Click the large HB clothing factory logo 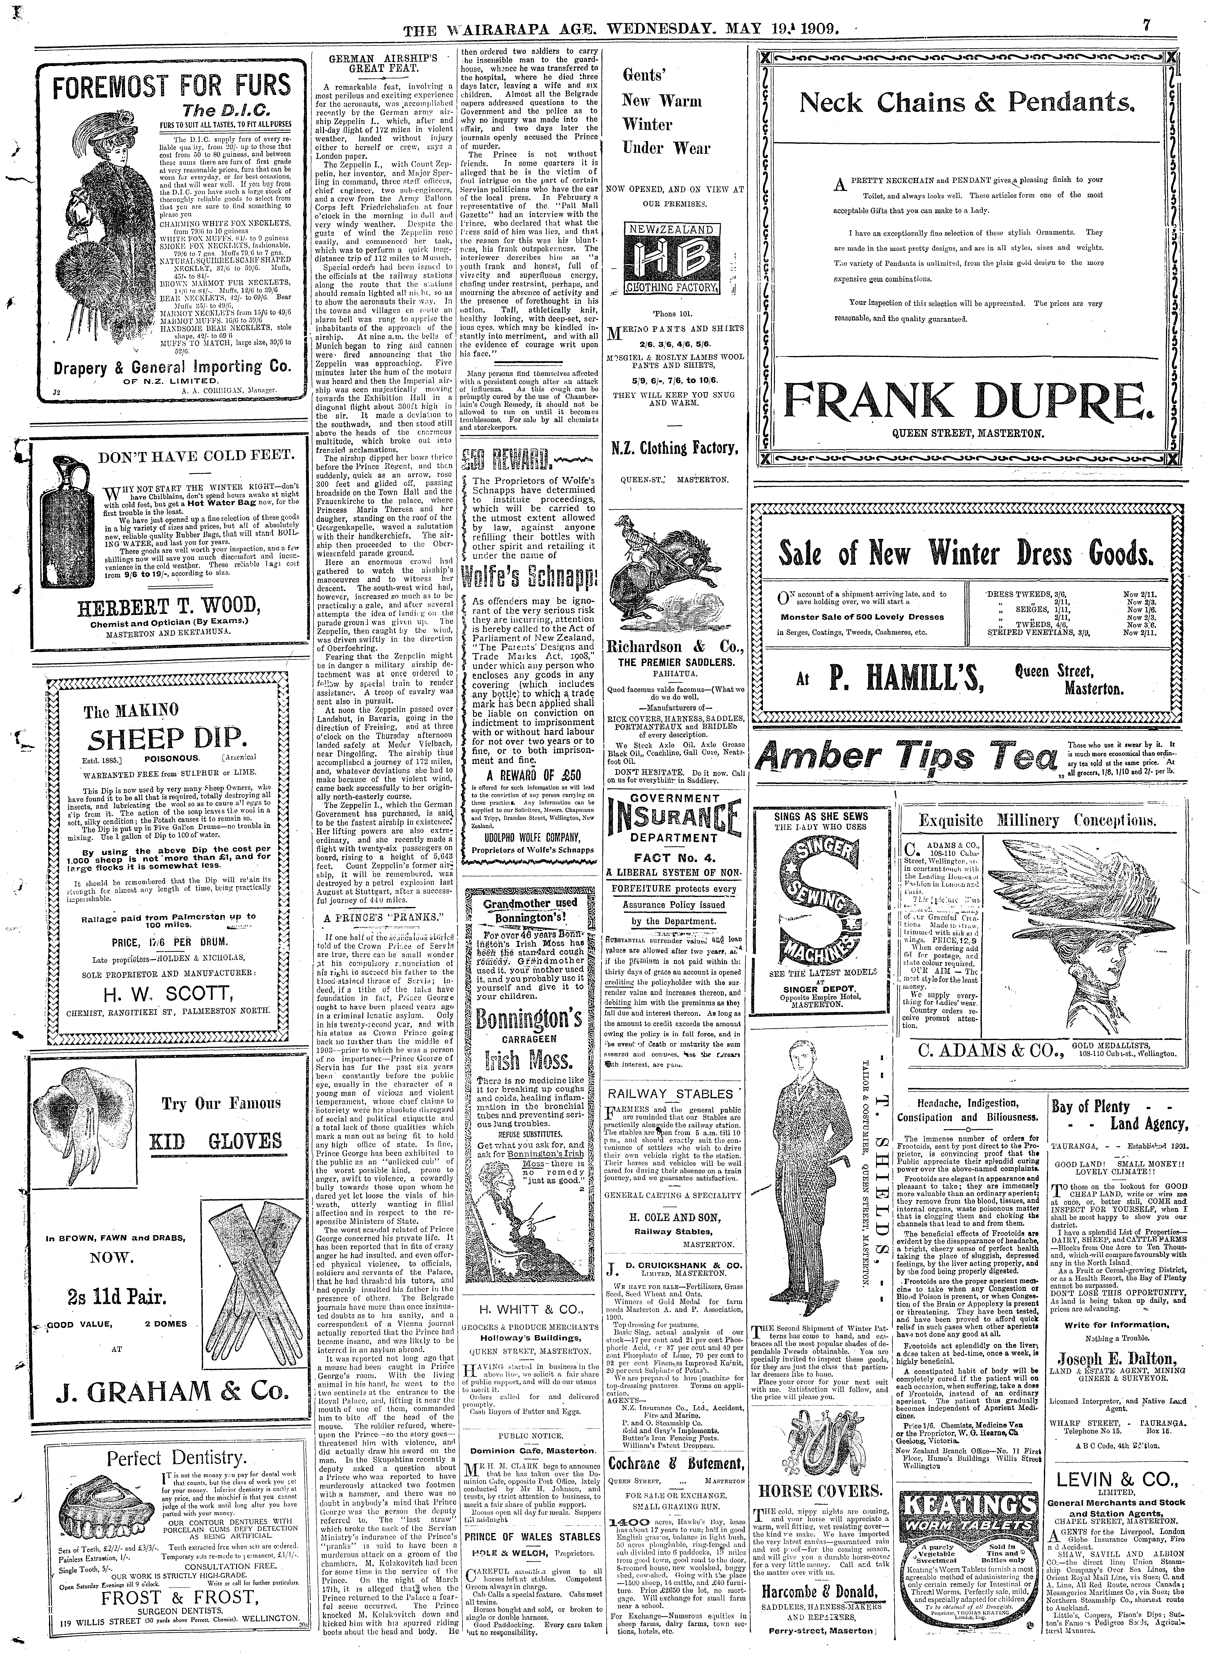click(x=669, y=262)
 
